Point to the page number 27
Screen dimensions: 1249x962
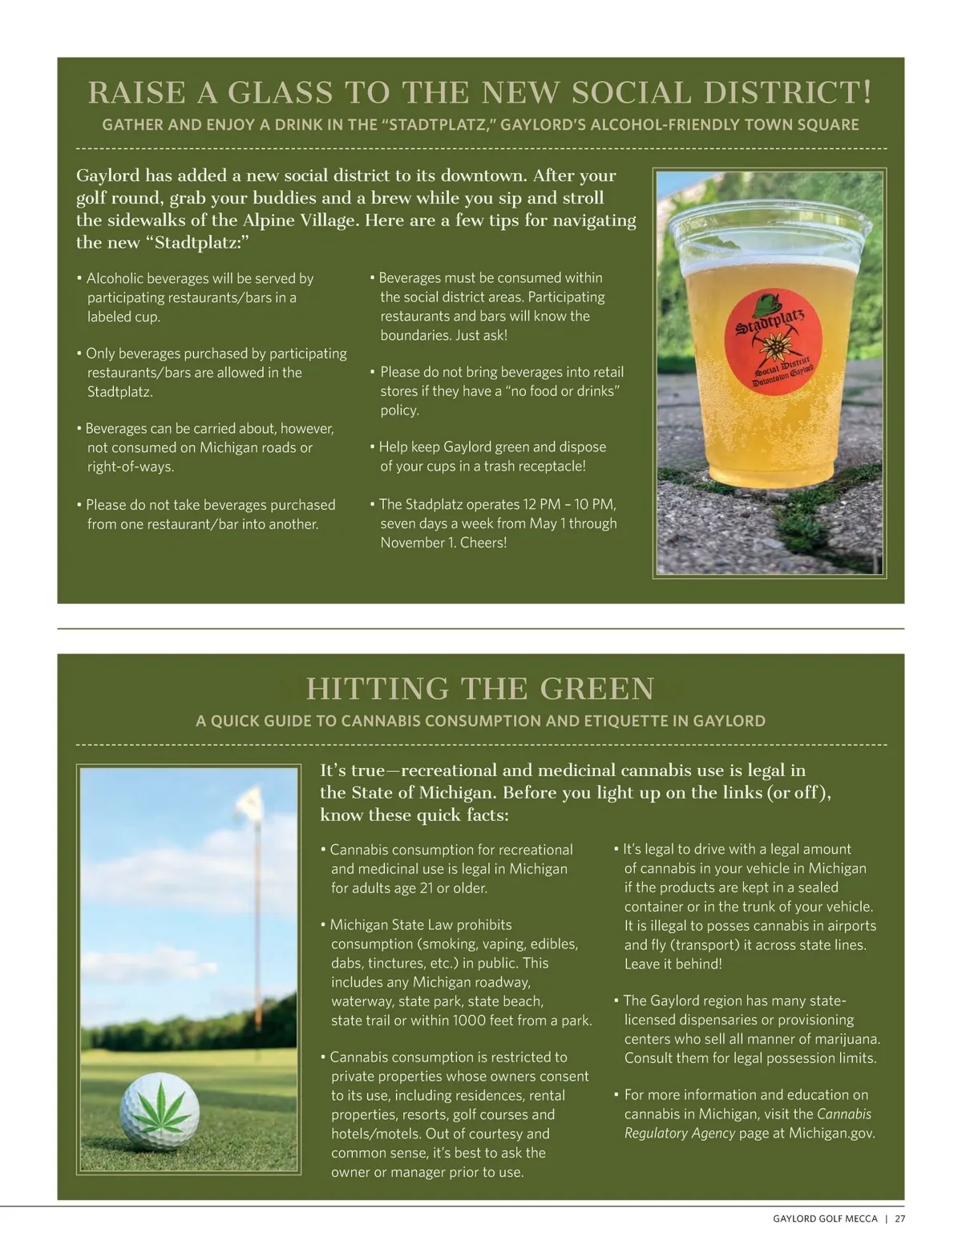click(899, 1219)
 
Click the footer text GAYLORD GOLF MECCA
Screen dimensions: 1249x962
click(825, 1219)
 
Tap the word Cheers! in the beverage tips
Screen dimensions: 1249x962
click(483, 543)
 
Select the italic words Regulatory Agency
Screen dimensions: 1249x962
click(680, 1133)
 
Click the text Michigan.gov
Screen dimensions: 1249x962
click(831, 1133)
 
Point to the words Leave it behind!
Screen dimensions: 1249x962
click(673, 964)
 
